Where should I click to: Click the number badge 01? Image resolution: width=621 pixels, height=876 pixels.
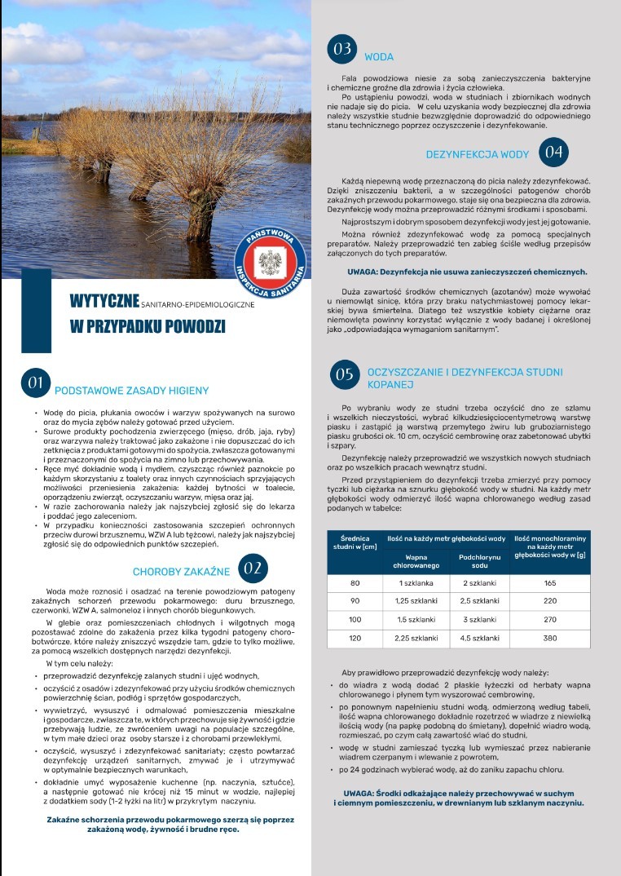coord(35,382)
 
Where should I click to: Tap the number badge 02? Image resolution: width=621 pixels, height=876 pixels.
coord(252,568)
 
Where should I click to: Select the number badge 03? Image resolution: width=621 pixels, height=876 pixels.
coord(342,49)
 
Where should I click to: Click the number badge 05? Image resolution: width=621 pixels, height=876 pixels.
coord(345,374)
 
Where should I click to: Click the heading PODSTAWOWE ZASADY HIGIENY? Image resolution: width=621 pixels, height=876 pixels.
coord(131,391)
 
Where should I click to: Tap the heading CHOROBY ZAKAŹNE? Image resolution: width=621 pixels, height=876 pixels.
coord(182,571)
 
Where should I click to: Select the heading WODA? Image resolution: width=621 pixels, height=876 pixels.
coord(379,57)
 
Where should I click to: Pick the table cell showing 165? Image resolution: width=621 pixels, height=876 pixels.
coord(549,583)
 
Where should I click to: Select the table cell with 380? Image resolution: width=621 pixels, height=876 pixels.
coord(549,638)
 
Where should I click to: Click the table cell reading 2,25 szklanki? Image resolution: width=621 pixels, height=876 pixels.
coord(416,638)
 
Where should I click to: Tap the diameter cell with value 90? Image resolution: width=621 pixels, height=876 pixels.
coord(355,601)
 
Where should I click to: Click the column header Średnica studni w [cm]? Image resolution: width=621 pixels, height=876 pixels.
coord(355,542)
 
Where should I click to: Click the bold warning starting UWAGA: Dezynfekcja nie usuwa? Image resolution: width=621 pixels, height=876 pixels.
coord(467,272)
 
